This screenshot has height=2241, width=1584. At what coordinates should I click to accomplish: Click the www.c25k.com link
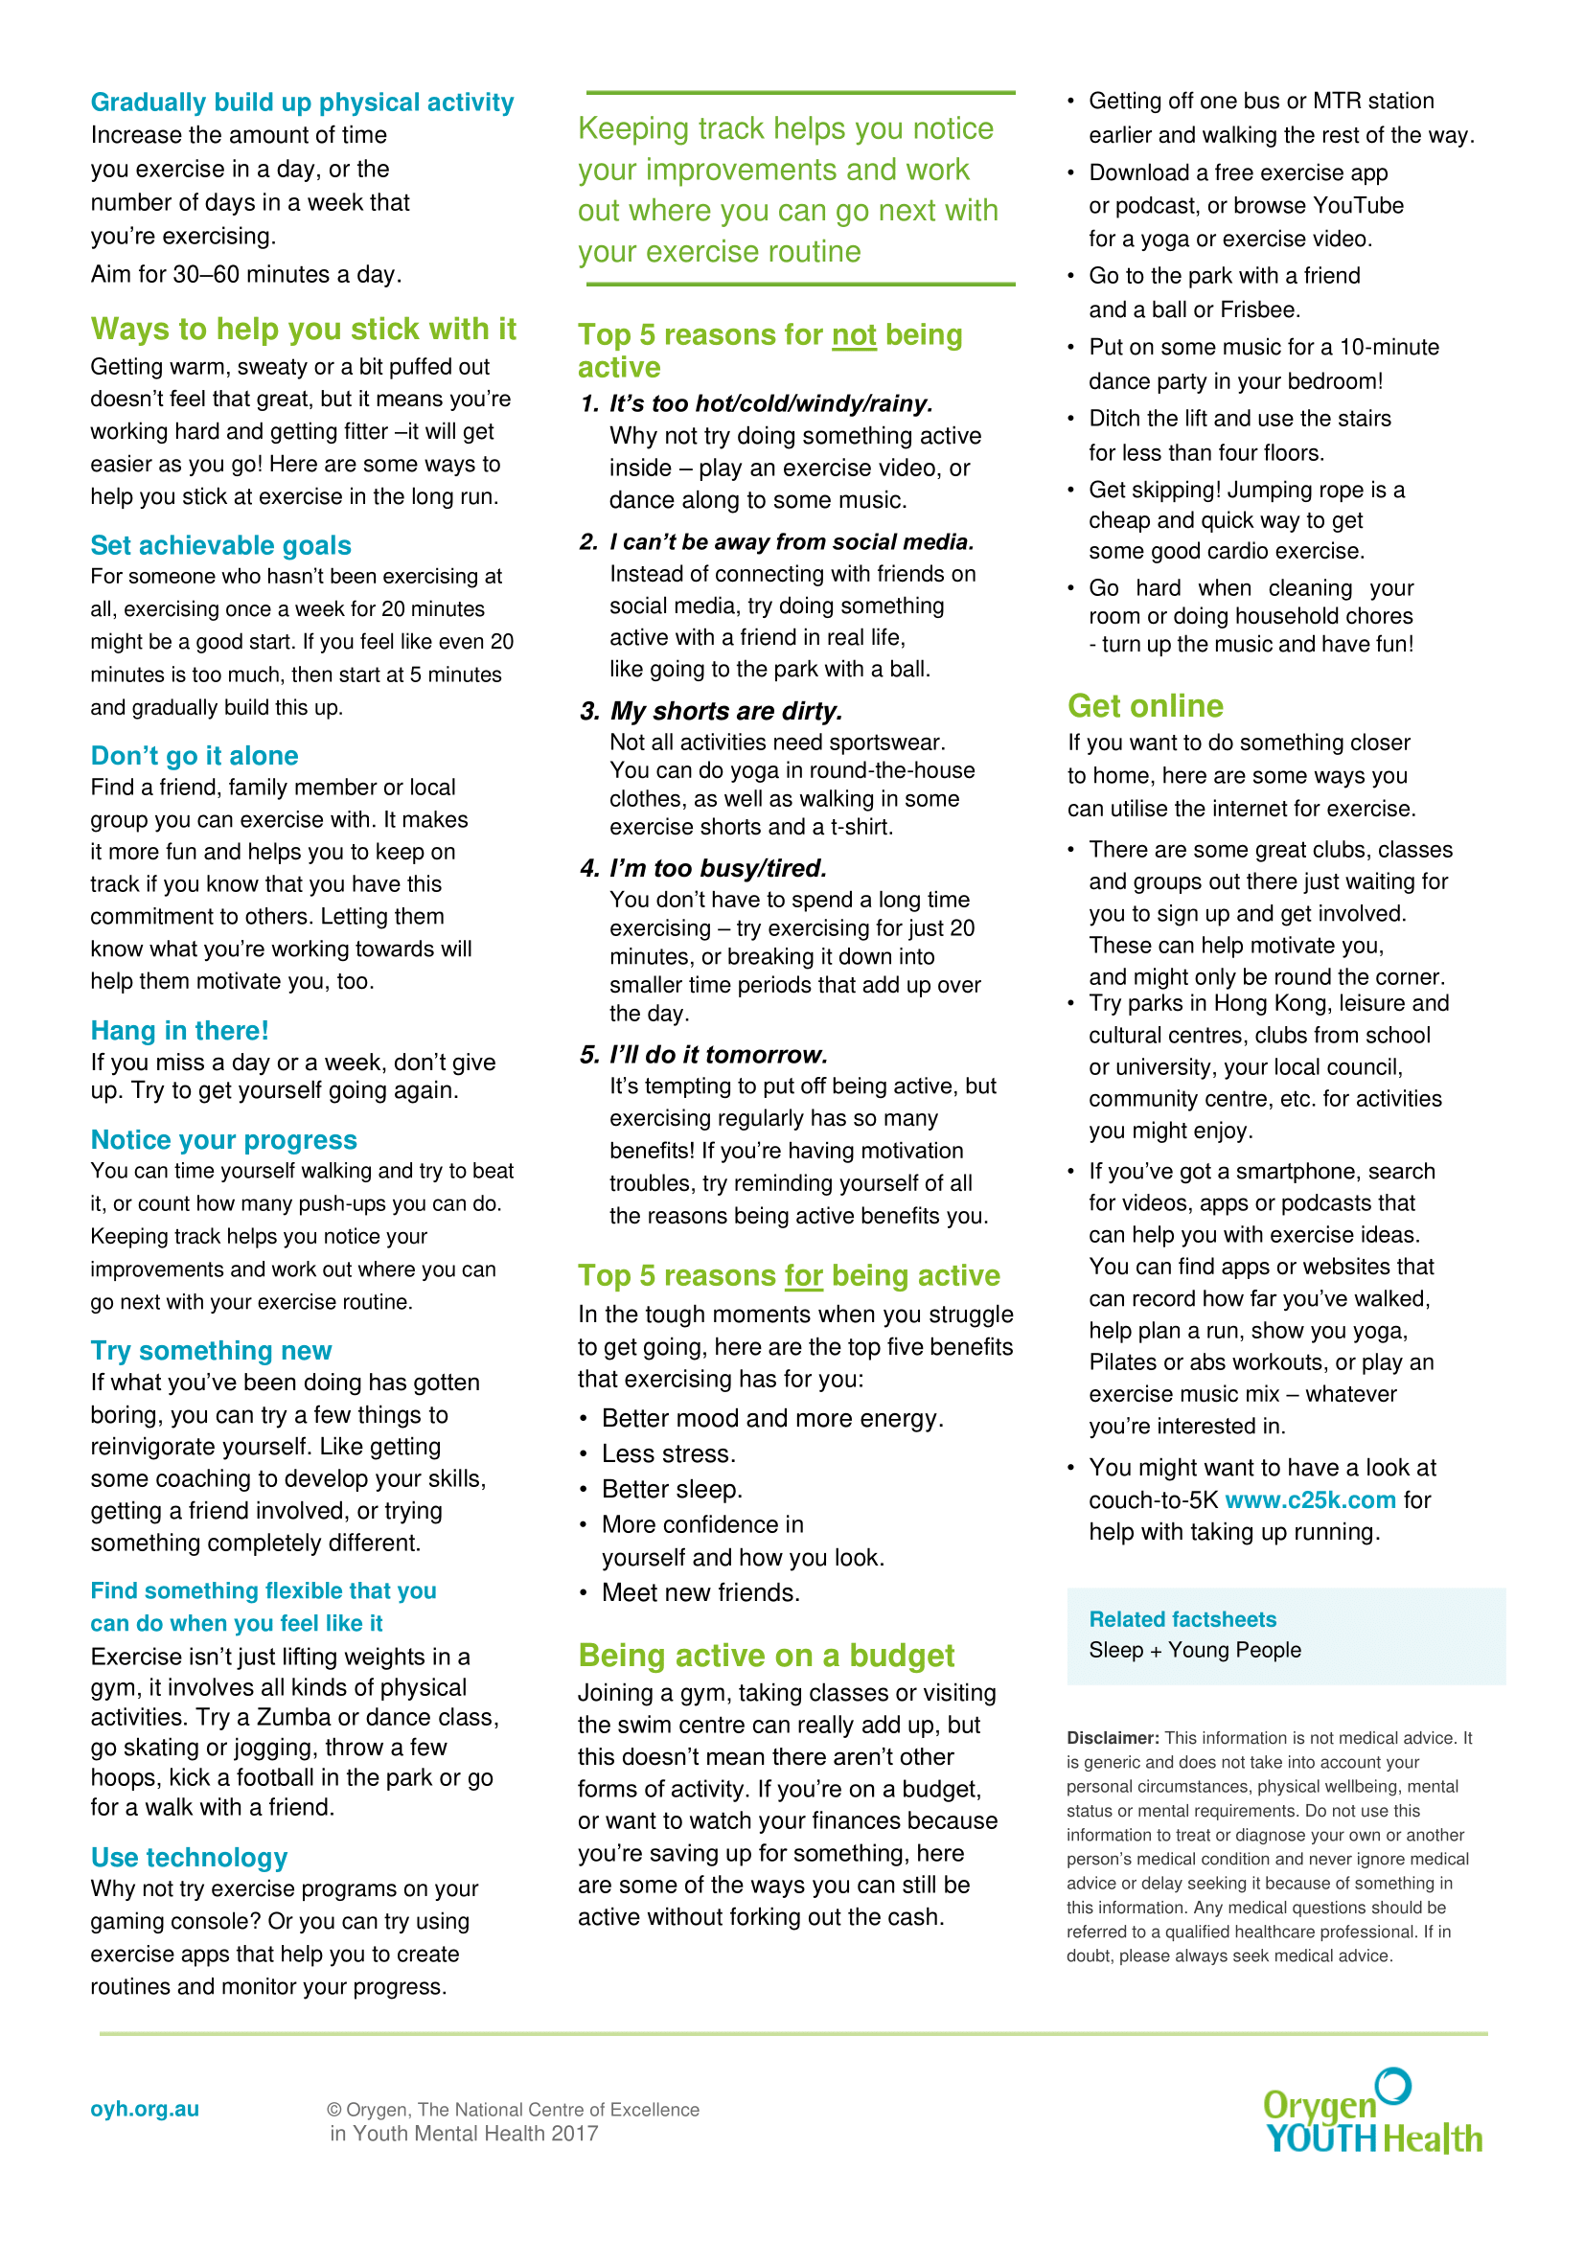(1310, 1500)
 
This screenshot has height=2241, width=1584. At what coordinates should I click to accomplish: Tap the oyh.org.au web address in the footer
(145, 2108)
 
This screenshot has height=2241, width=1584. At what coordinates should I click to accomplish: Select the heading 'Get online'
(1145, 706)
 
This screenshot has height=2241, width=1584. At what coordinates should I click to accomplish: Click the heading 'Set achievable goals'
(220, 545)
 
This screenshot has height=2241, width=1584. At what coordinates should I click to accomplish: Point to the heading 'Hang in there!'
(179, 1031)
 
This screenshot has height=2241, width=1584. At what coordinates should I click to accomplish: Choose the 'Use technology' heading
(190, 1858)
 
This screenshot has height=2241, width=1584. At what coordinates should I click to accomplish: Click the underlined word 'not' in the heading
(854, 335)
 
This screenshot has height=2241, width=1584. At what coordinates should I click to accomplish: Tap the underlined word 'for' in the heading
(803, 1276)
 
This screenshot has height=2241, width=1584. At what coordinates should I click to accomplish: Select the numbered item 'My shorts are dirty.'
(726, 712)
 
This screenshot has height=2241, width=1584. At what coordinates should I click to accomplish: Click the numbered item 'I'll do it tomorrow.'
(719, 1055)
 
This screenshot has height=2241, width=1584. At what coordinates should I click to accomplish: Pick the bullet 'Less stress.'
(669, 1454)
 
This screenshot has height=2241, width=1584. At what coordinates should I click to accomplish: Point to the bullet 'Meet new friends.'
(700, 1593)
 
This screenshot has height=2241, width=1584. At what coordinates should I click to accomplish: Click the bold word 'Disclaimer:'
(1113, 1738)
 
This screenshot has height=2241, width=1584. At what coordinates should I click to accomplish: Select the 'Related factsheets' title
(1182, 1619)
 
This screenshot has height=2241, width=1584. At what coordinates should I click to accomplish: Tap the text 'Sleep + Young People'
(1195, 1651)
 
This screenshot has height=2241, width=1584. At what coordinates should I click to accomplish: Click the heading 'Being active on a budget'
(767, 1657)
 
